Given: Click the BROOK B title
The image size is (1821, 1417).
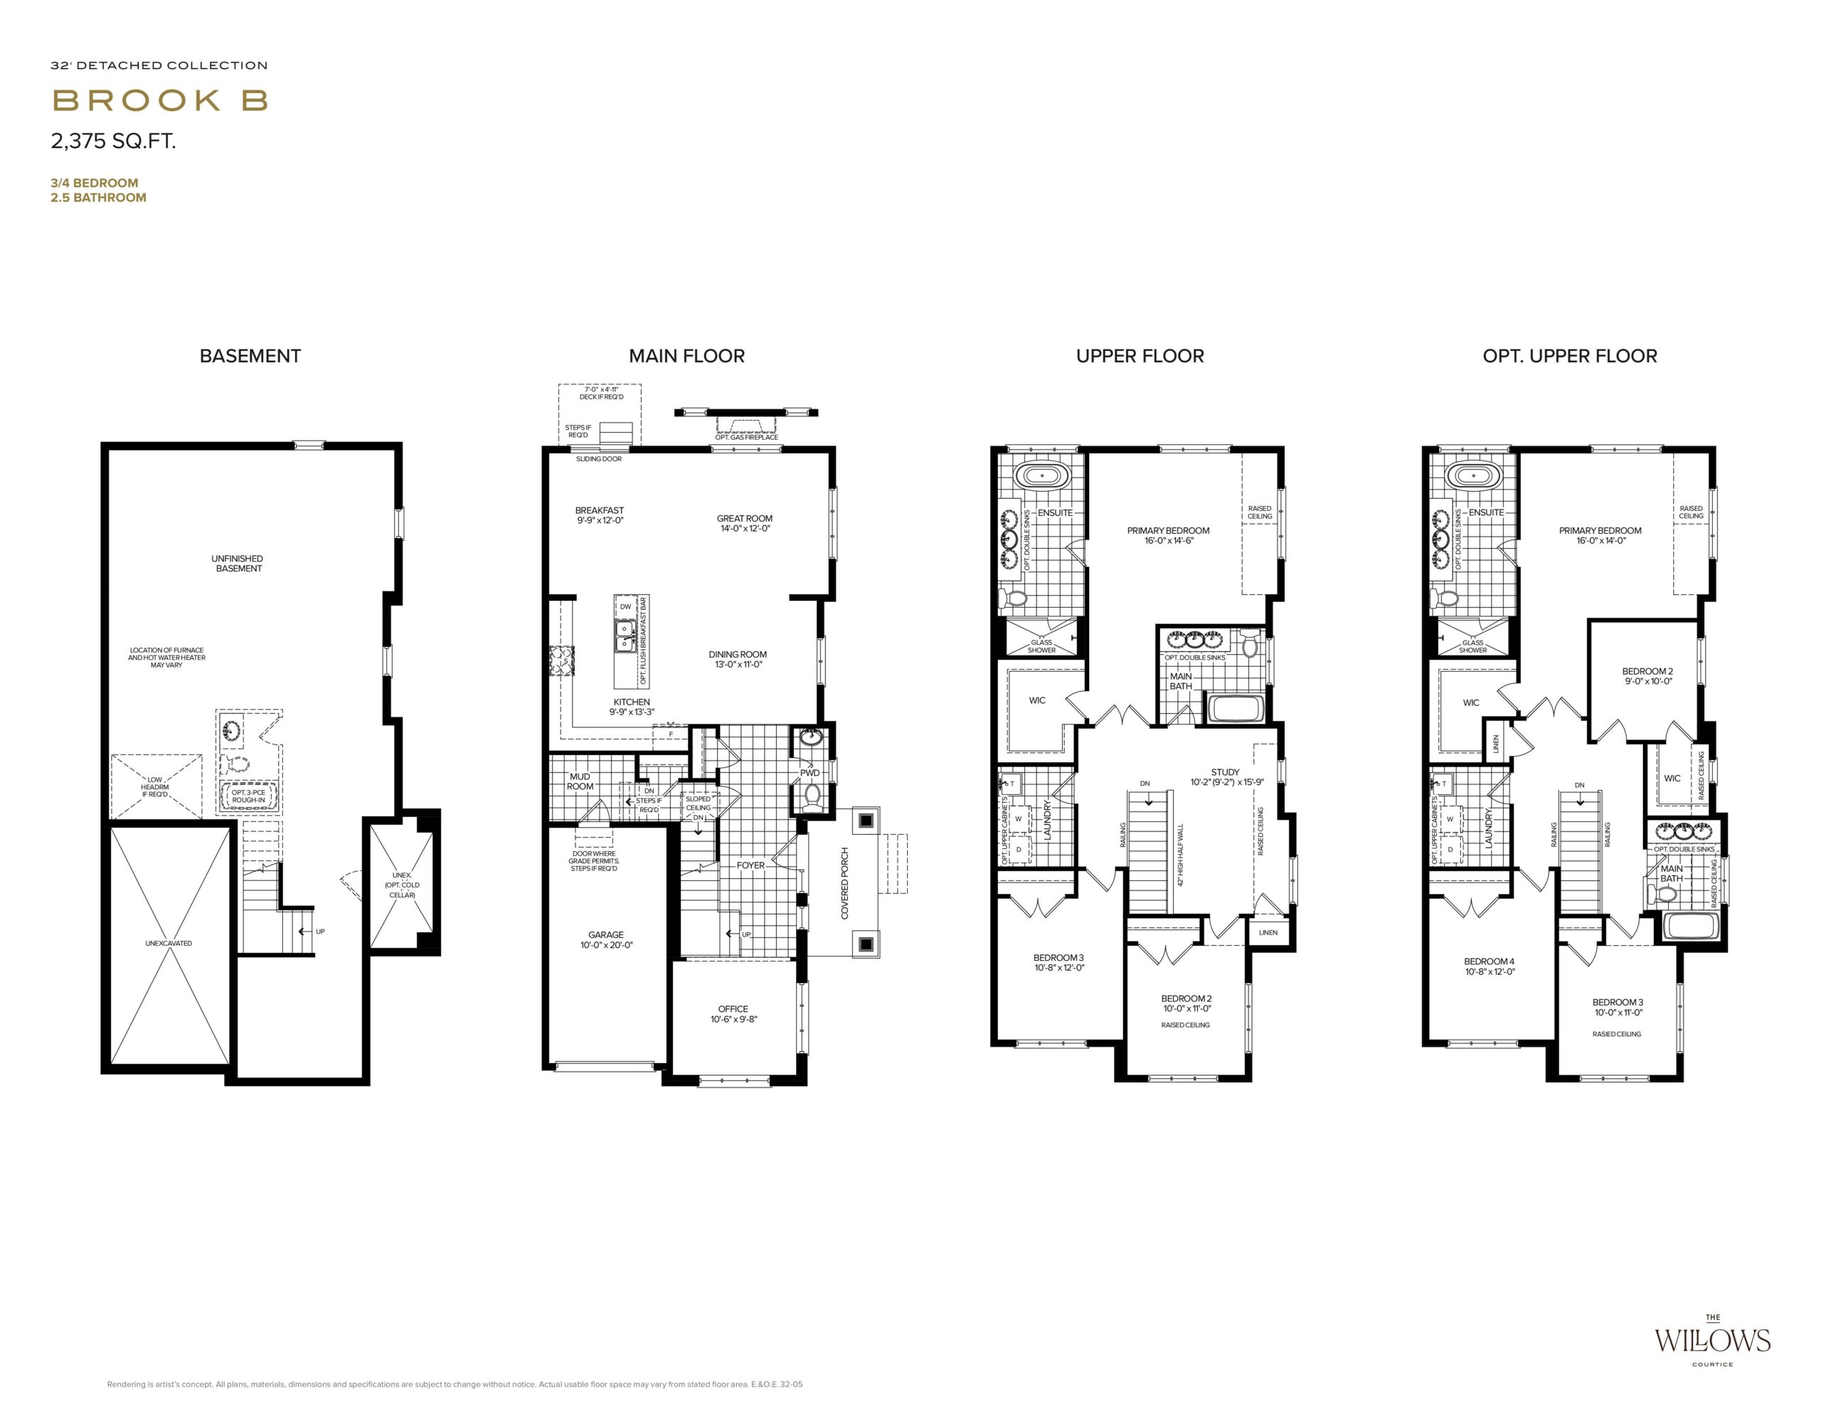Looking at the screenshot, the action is (x=160, y=101).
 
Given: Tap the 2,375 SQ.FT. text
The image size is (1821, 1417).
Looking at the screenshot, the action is (x=113, y=142).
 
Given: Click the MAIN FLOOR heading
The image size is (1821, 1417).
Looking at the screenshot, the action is (x=686, y=356).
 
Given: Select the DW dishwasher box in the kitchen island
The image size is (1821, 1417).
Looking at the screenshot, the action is (x=625, y=606).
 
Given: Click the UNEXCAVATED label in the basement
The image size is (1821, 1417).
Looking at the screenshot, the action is (x=169, y=943).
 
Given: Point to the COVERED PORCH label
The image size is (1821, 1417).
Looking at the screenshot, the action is (x=844, y=883).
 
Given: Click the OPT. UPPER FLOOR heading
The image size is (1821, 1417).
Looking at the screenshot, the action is (x=1569, y=356).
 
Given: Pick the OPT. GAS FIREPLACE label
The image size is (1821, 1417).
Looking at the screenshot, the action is (x=746, y=437).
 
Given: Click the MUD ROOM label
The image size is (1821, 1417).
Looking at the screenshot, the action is (x=580, y=781).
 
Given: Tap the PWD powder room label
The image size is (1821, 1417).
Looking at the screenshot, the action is (x=809, y=773).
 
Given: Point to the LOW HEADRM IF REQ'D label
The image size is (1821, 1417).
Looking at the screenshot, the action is (x=155, y=787).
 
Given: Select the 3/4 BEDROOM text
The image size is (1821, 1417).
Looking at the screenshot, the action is (x=94, y=183).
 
